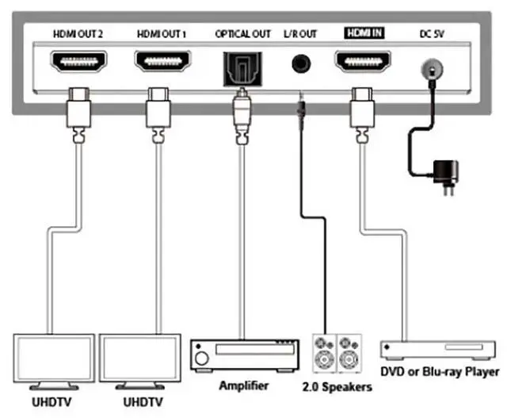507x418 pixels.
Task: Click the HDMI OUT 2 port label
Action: click(x=78, y=34)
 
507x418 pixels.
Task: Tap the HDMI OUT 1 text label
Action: click(x=162, y=34)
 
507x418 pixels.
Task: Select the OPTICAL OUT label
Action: click(x=242, y=34)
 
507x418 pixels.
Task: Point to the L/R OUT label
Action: click(x=300, y=34)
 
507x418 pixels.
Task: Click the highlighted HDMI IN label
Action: click(x=364, y=33)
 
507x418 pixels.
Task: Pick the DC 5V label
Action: click(x=432, y=34)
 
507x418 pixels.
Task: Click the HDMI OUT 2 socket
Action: click(x=78, y=62)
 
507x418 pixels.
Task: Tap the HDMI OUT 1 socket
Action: click(x=162, y=61)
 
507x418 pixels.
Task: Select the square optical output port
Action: click(x=242, y=69)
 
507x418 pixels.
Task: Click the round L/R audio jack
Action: click(x=301, y=63)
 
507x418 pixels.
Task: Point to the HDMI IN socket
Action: click(x=363, y=61)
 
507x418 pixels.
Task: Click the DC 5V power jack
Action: click(x=432, y=69)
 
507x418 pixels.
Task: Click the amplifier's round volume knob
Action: click(x=202, y=359)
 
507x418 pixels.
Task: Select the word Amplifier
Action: click(x=244, y=385)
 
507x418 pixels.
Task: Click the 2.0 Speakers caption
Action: click(x=337, y=387)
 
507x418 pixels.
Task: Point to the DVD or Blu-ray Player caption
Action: click(x=440, y=372)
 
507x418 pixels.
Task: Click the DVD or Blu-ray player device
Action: click(x=438, y=350)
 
